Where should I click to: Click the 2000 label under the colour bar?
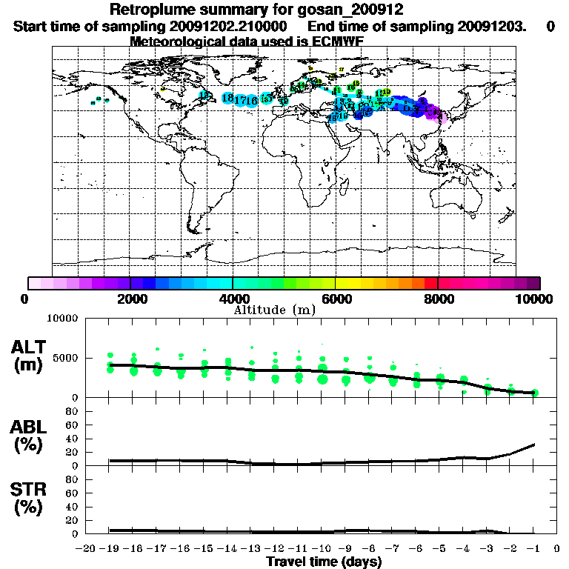click(130, 299)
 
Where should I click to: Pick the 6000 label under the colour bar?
click(336, 299)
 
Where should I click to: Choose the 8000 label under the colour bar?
click(439, 299)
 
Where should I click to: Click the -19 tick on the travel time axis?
click(110, 548)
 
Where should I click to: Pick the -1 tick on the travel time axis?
click(533, 548)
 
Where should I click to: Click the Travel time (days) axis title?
click(324, 562)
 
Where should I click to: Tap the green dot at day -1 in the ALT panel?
click(534, 393)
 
